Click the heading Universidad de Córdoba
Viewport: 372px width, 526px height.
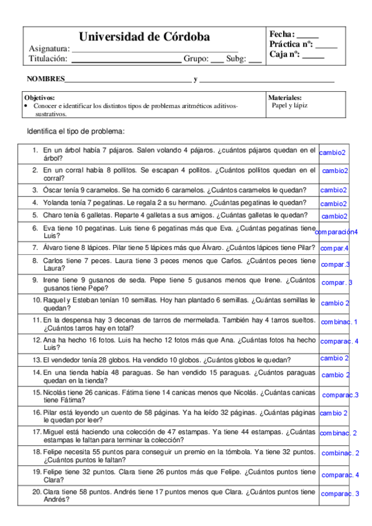[144, 37]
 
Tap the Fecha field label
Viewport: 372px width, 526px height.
[282, 34]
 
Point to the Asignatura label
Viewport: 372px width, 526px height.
[49, 49]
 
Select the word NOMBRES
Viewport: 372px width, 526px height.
[45, 79]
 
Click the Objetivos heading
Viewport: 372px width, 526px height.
[39, 98]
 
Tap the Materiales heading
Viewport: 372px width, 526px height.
[285, 98]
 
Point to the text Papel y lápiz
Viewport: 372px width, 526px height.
[289, 105]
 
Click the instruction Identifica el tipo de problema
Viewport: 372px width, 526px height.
[76, 131]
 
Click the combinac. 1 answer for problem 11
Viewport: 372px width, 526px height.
[339, 322]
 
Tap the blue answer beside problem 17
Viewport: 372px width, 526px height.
[338, 433]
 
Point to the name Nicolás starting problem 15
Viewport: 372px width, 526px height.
[55, 393]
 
